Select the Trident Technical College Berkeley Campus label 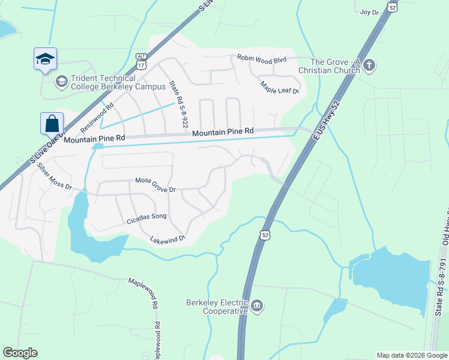point(103,83)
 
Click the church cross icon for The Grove point(369,65)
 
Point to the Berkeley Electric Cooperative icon point(257,306)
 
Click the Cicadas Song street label point(146,218)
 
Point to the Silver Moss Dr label point(54,176)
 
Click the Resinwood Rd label point(97,118)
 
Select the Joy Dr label point(370,11)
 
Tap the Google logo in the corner point(20,353)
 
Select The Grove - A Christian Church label point(335,66)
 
